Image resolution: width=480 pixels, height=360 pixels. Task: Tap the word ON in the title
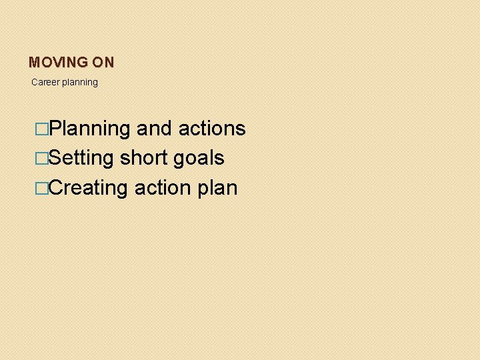coord(103,63)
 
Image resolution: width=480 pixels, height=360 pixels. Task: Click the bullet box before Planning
coord(43,129)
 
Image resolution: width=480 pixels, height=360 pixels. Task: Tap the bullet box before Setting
coord(43,159)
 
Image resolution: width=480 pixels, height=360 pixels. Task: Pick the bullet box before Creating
coord(43,189)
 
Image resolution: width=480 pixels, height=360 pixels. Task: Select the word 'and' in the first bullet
coord(154,128)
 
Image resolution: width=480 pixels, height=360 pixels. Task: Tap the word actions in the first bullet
coord(212,129)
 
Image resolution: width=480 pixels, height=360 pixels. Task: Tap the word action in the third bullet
coord(163,188)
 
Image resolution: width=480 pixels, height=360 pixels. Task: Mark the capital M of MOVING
coord(35,63)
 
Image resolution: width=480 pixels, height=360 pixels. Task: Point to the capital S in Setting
coord(55,158)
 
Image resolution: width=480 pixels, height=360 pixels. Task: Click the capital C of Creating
coord(56,188)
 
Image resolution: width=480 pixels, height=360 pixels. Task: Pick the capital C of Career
coord(35,82)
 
